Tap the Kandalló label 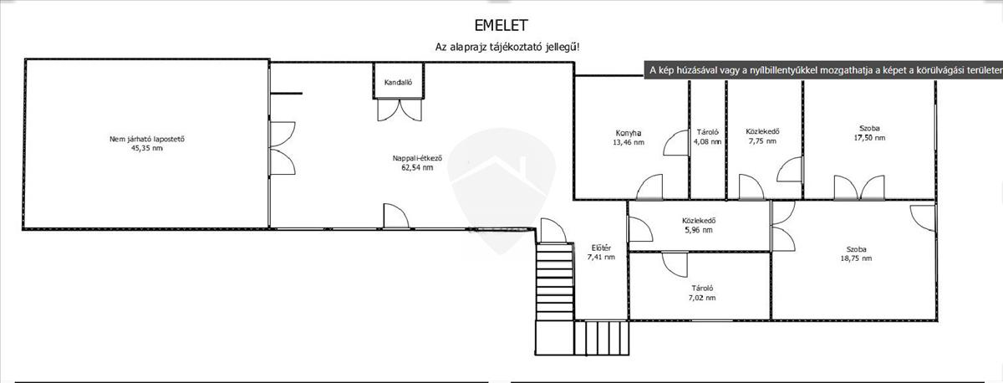(x=398, y=82)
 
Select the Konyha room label (x=628, y=132)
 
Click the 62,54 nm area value (x=417, y=167)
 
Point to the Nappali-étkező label (x=417, y=157)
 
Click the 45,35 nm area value (x=146, y=148)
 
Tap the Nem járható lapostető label (x=146, y=139)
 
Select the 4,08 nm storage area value (x=708, y=141)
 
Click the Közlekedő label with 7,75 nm (x=762, y=131)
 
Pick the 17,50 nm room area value (x=868, y=137)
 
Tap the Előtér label (x=601, y=248)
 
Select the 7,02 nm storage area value (x=701, y=297)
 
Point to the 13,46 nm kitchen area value (x=628, y=142)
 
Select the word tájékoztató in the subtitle (x=522, y=48)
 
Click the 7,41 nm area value (x=601, y=258)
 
